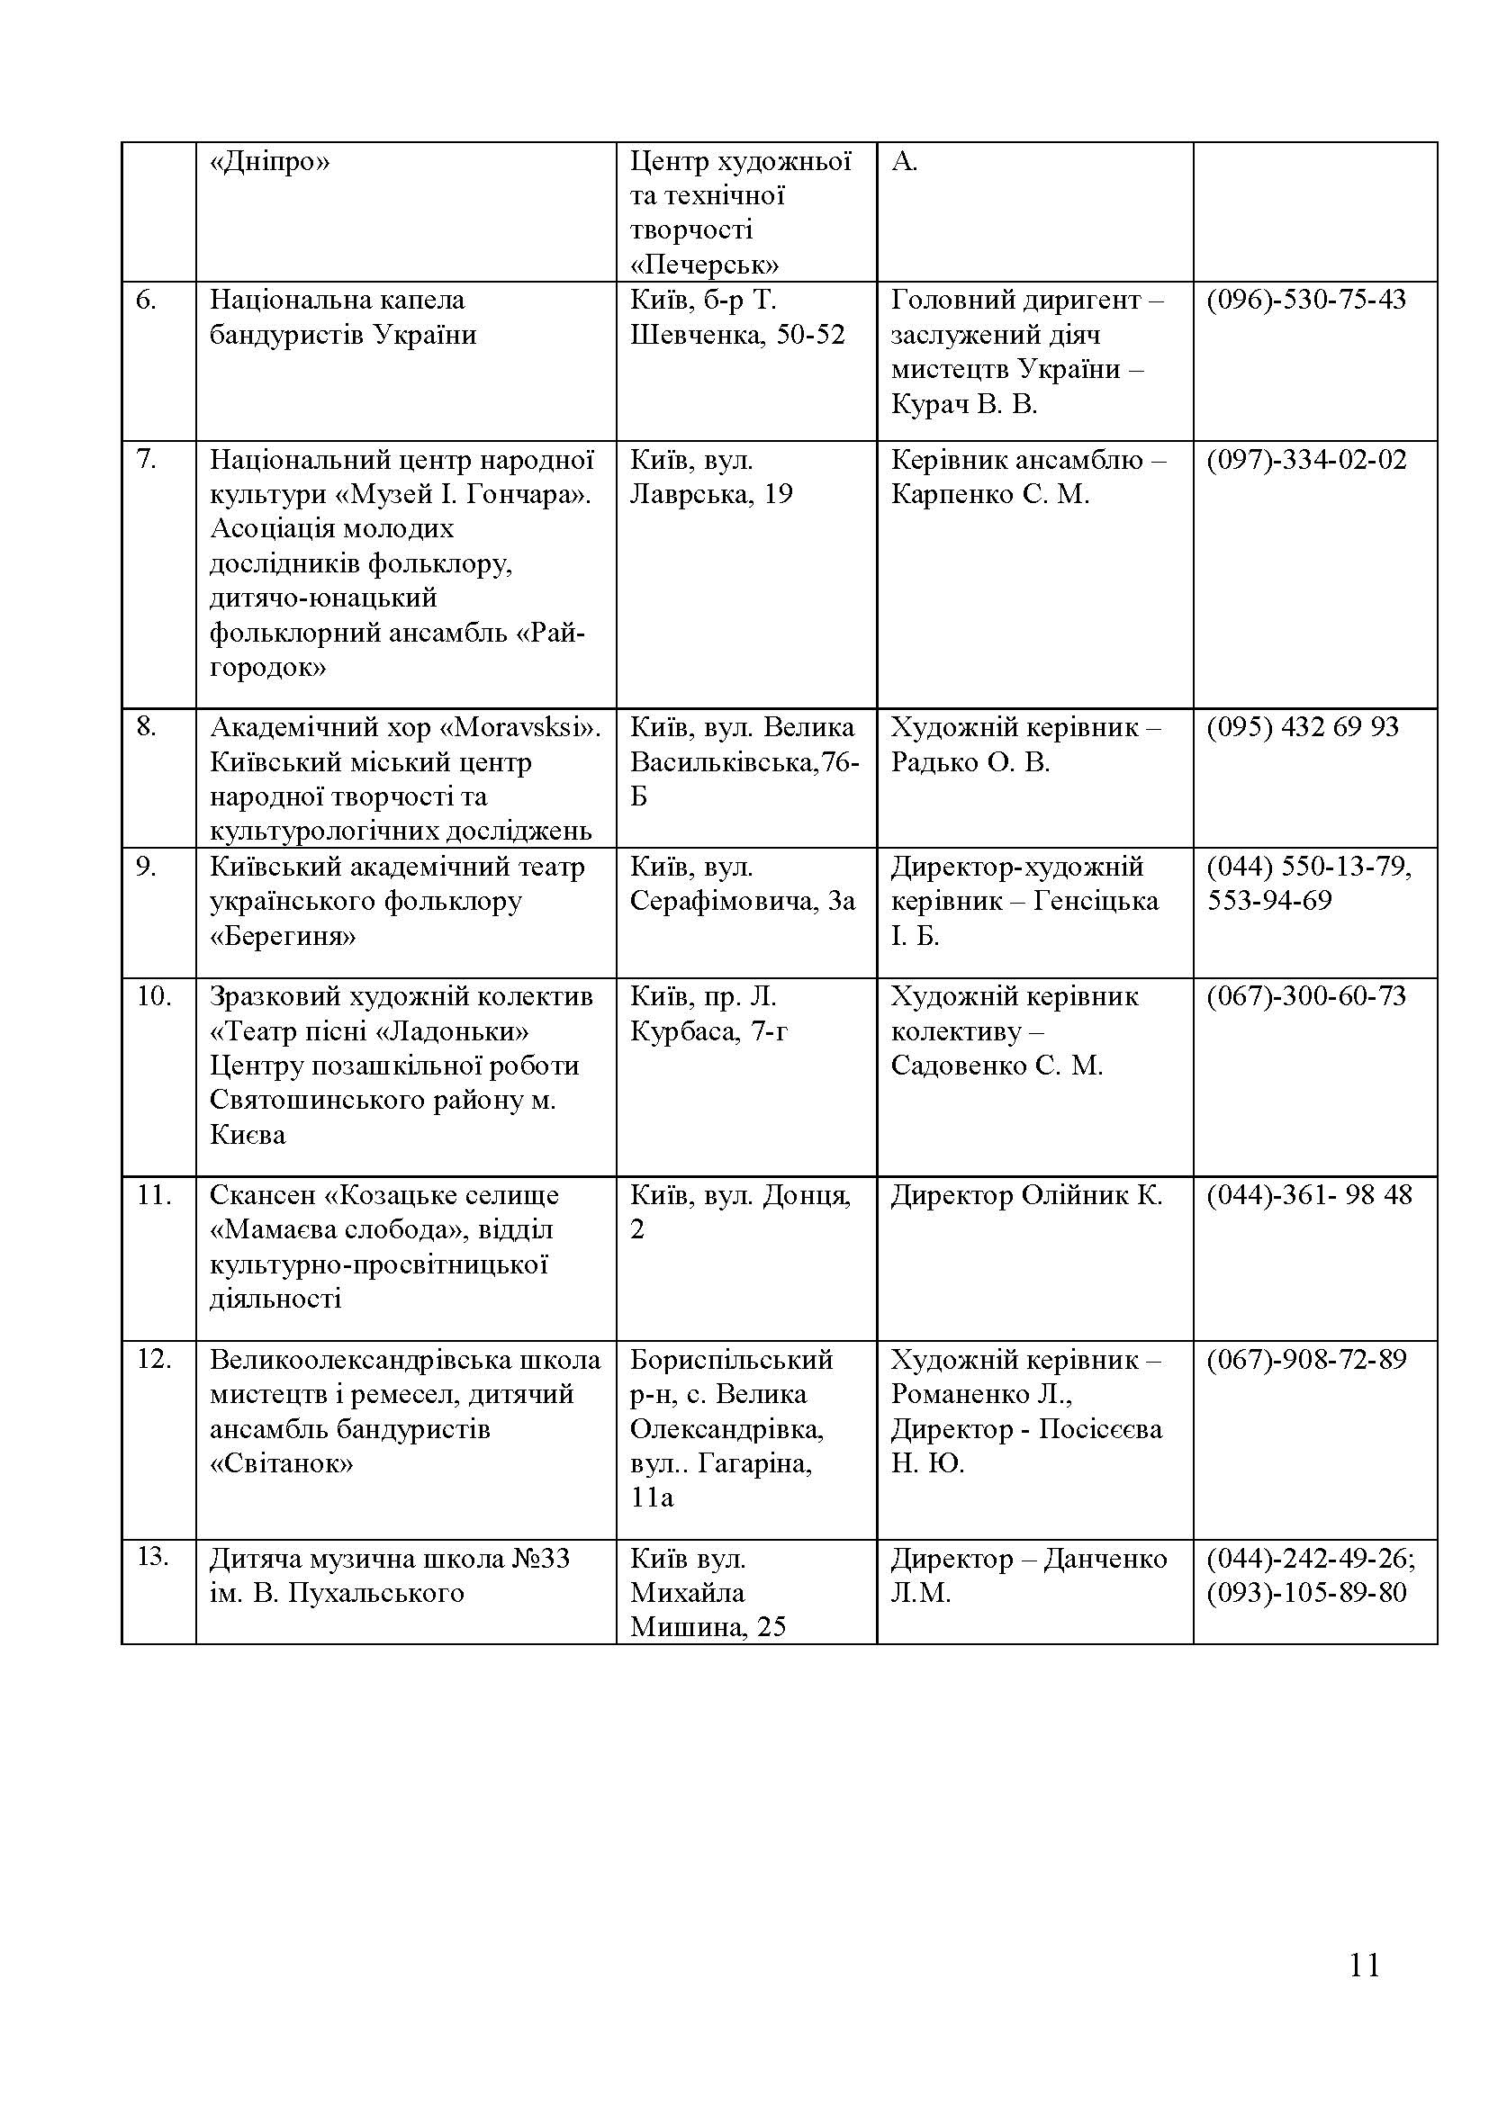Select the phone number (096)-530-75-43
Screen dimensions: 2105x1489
pos(1305,300)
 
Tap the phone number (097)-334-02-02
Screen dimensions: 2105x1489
pos(1305,459)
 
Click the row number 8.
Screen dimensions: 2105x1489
pos(147,727)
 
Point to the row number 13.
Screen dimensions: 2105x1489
pos(152,1556)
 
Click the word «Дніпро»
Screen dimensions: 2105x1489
pos(269,162)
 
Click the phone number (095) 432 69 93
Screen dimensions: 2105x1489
pos(1302,727)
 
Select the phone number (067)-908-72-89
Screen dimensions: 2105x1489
pos(1305,1360)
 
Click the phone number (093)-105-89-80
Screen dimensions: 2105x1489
pos(1305,1593)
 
